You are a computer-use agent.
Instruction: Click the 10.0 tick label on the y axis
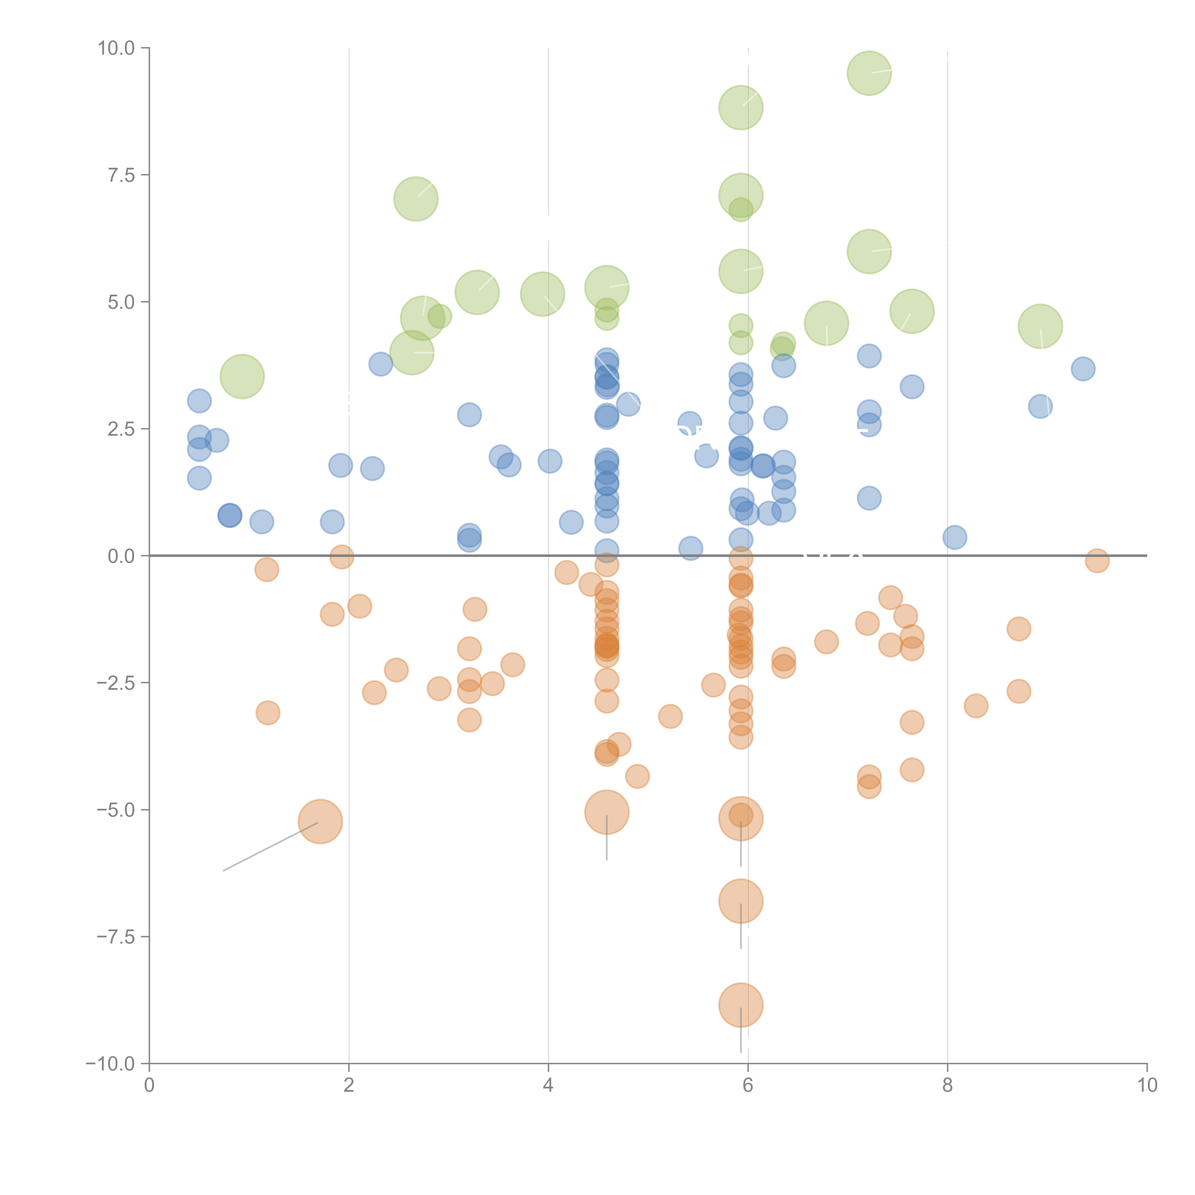(116, 48)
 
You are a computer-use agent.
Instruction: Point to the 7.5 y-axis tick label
(121, 175)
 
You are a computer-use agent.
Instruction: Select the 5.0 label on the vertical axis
(121, 303)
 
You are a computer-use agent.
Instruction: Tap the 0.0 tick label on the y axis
(121, 556)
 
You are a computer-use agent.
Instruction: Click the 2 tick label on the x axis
(349, 1086)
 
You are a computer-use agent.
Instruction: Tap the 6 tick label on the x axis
(748, 1086)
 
